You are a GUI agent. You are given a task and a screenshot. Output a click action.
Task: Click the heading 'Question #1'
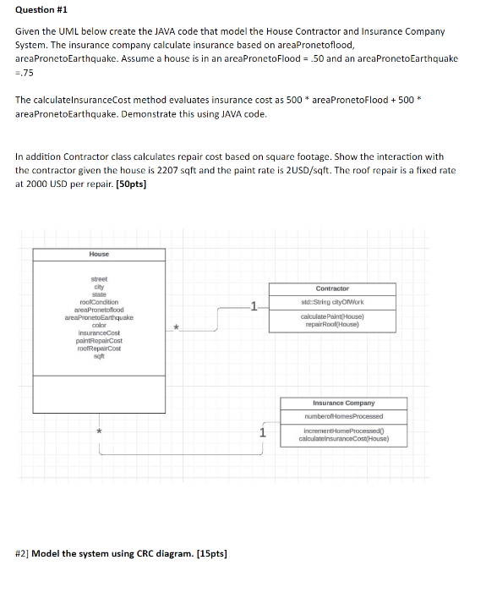point(40,11)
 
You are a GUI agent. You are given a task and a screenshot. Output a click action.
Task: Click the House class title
point(99,254)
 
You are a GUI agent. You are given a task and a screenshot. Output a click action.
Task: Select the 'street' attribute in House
point(99,278)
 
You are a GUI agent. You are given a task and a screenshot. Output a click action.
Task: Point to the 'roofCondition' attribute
point(99,302)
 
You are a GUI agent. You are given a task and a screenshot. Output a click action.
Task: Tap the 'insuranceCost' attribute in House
point(99,332)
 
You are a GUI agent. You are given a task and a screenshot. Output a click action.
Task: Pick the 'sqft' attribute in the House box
point(99,356)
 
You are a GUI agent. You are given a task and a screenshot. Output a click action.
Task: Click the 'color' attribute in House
point(99,325)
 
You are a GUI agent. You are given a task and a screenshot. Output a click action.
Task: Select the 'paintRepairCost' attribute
point(99,341)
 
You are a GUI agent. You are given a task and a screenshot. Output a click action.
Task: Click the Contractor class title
point(332,288)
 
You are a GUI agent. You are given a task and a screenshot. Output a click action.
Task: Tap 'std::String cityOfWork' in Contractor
point(332,302)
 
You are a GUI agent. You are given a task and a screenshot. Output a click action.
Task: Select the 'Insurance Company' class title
point(343,404)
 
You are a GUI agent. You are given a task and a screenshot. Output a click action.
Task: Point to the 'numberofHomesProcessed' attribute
point(343,416)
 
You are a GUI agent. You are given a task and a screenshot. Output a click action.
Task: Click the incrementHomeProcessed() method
point(343,431)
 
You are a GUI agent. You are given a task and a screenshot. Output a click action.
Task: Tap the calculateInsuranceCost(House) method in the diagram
point(343,439)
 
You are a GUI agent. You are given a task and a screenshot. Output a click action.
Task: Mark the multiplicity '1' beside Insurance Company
point(262,433)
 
